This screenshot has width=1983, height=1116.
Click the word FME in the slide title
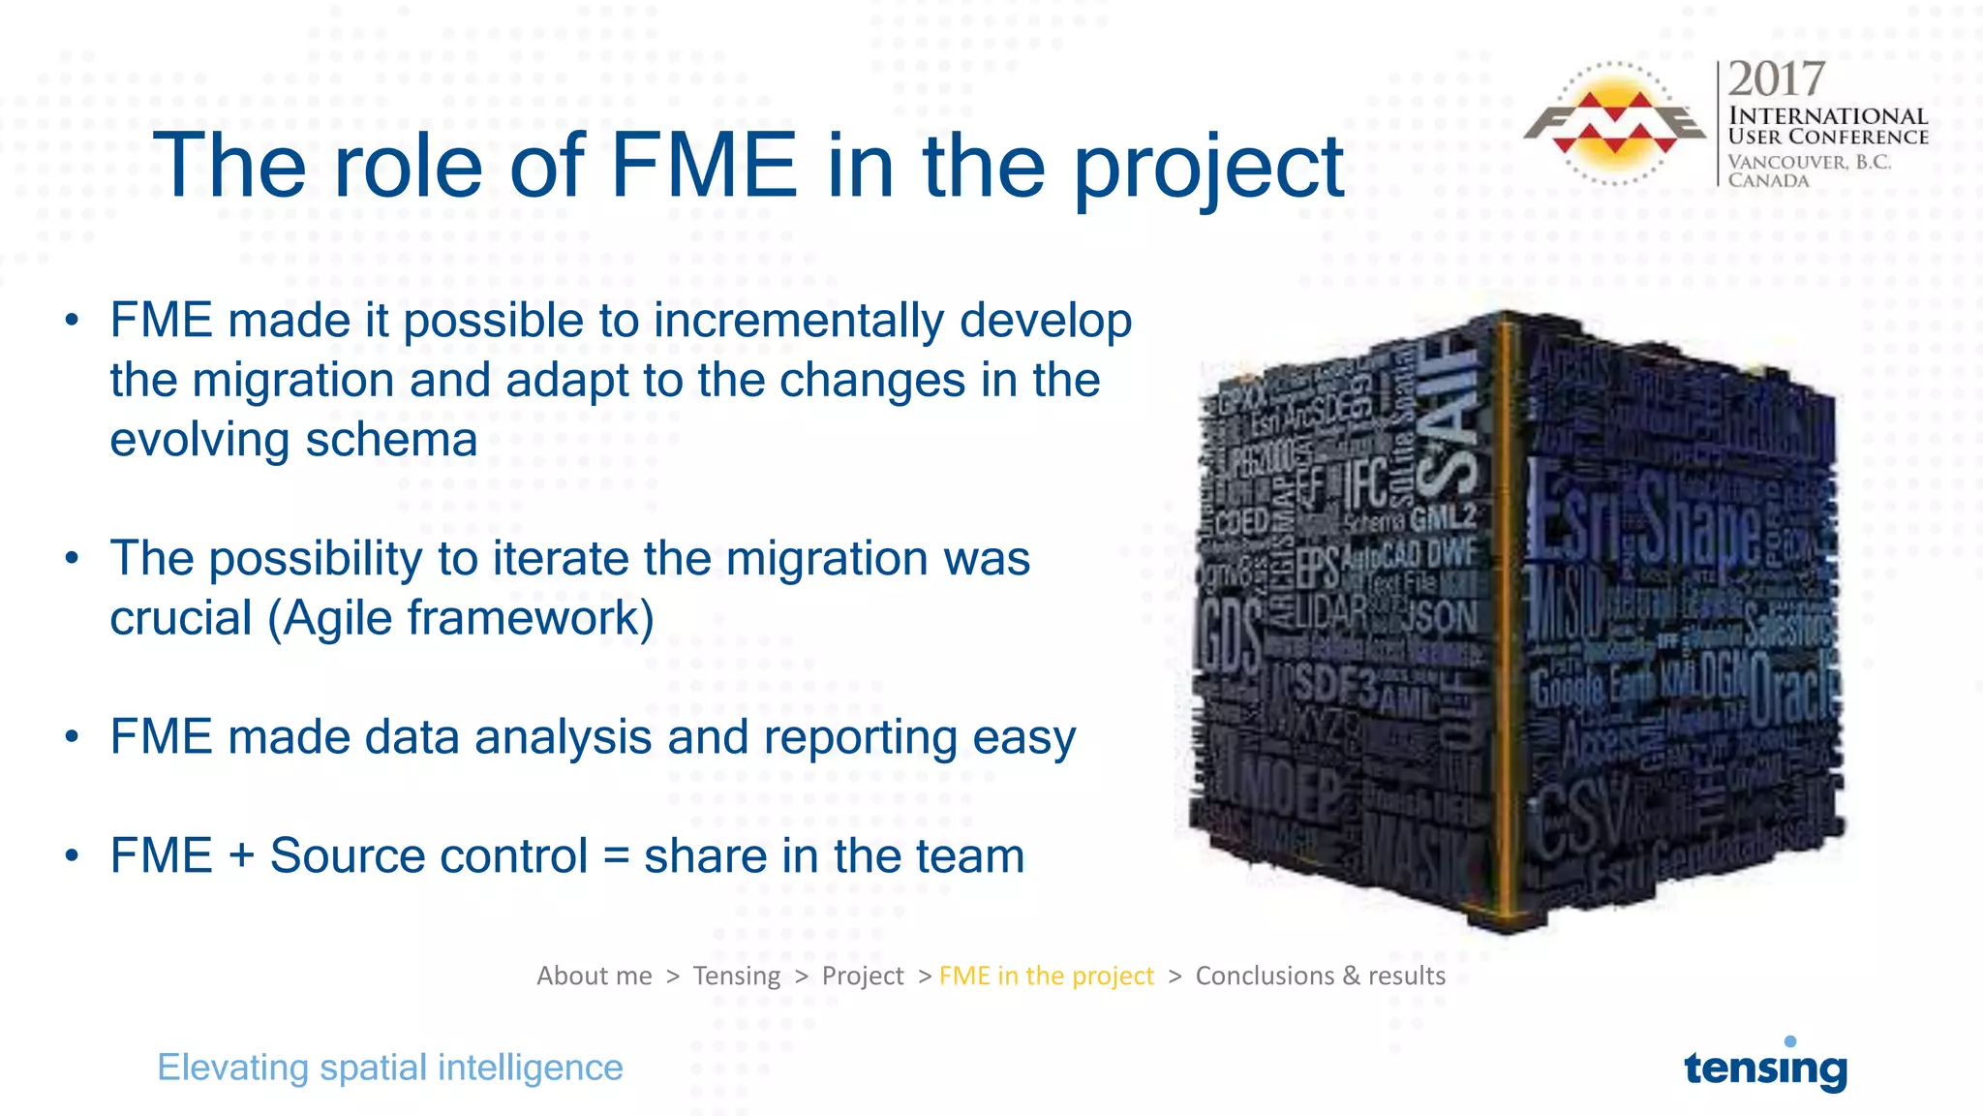pyautogui.click(x=704, y=167)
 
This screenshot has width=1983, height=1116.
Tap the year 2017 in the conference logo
pyautogui.click(x=1776, y=79)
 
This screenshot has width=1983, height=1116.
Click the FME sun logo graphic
pyautogui.click(x=1615, y=123)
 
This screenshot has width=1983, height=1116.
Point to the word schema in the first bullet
pyautogui.click(x=391, y=440)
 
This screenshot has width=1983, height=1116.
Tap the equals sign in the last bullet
pyautogui.click(x=616, y=856)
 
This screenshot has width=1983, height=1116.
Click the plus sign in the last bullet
pyautogui.click(x=241, y=856)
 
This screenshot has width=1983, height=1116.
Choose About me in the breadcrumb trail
pyautogui.click(x=595, y=976)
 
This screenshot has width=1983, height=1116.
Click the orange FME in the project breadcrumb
pyautogui.click(x=1046, y=976)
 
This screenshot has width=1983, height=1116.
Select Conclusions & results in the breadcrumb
pyautogui.click(x=1320, y=976)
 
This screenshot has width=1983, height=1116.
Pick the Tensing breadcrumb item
pyautogui.click(x=736, y=976)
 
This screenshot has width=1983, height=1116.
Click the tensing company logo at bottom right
pyautogui.click(x=1765, y=1067)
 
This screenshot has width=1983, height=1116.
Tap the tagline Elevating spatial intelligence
pyautogui.click(x=389, y=1068)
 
